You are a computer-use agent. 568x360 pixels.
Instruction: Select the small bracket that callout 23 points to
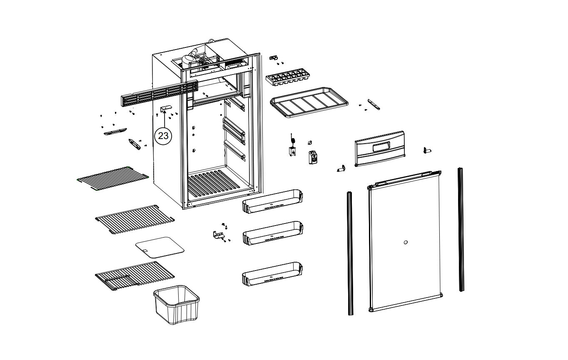coord(166,109)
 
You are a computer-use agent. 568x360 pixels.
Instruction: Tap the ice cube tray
coord(288,78)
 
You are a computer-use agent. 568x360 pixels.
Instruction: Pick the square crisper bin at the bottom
coord(177,305)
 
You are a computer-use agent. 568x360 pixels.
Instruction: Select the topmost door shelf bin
coord(272,201)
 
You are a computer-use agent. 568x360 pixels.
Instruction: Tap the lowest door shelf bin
coord(272,273)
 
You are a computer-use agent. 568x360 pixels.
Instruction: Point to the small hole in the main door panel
coord(406,243)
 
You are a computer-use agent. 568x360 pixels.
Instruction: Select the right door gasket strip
coord(461,229)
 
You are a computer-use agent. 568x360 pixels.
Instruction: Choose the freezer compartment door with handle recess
coord(379,148)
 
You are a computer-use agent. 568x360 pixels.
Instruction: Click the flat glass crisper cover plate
coord(160,246)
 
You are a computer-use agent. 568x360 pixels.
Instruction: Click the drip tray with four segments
coord(309,102)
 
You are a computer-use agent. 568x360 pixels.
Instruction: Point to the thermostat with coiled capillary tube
coord(292,148)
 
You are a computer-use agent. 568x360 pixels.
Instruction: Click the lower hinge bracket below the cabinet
coord(218,235)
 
